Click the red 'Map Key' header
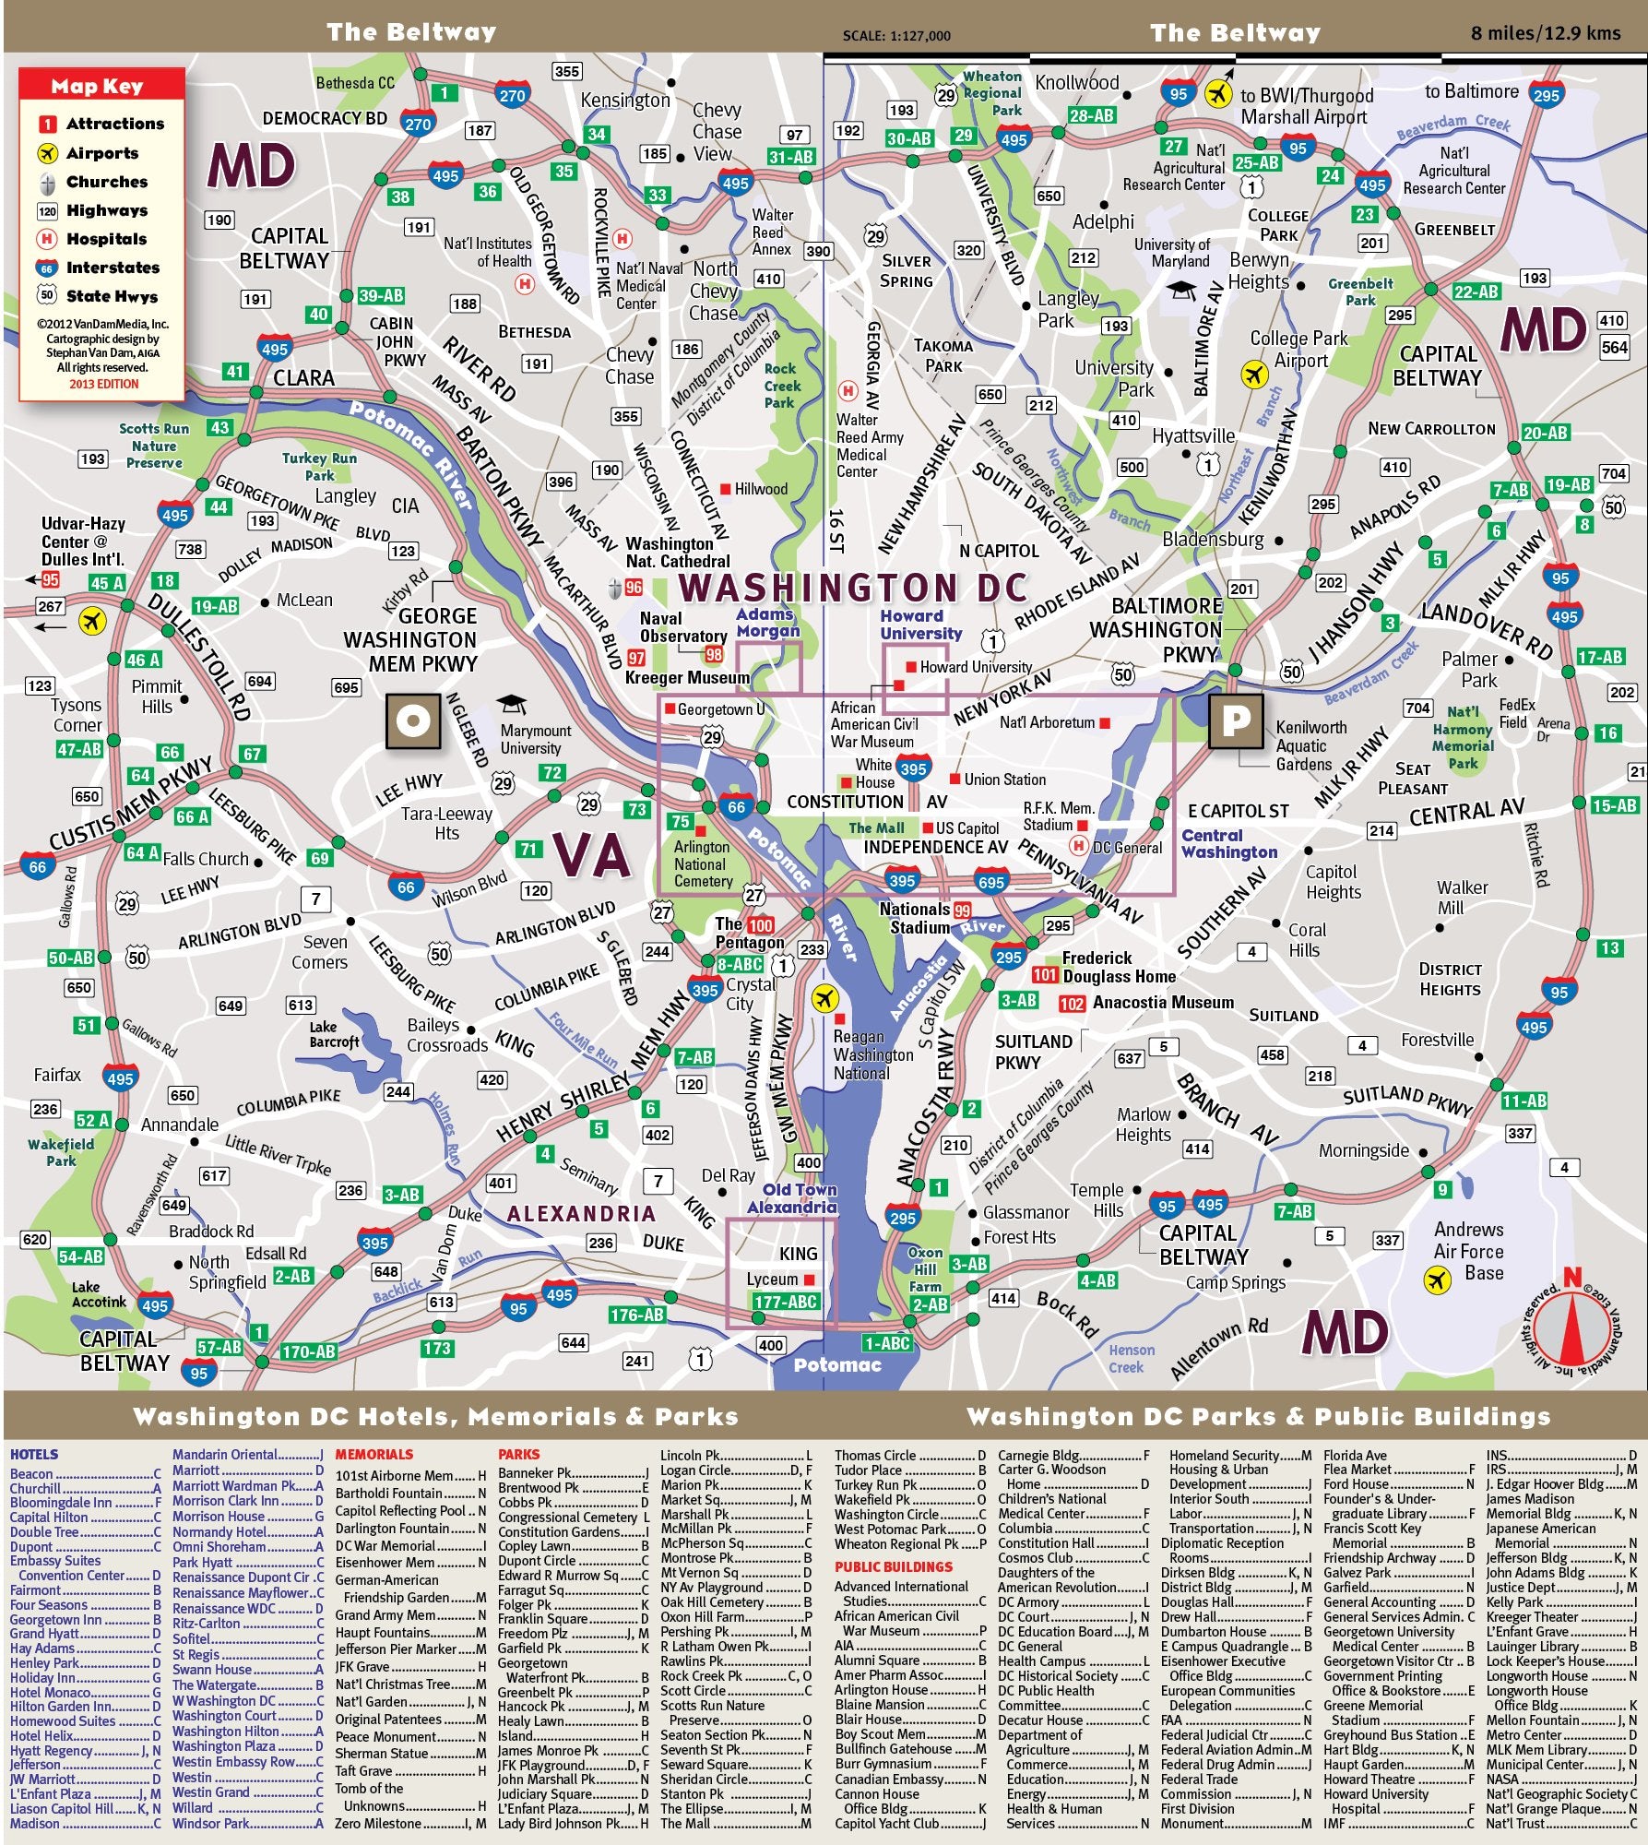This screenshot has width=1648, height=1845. point(97,87)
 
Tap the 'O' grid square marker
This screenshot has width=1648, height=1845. point(412,720)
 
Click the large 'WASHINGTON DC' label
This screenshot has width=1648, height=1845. point(853,588)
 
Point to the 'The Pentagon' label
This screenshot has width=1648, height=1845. point(749,933)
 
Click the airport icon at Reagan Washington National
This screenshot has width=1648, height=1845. point(824,998)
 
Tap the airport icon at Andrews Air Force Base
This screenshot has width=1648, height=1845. point(1437,1280)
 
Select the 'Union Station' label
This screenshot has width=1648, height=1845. point(1004,780)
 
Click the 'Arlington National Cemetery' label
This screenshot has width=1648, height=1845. point(703,863)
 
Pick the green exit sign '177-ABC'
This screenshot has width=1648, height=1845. point(785,1302)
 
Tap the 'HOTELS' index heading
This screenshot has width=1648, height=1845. point(34,1455)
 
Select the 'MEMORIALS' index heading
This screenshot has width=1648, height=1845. point(373,1455)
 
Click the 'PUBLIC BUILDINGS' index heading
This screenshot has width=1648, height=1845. point(893,1566)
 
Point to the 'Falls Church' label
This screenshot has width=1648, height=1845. point(206,859)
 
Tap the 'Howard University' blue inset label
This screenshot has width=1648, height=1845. point(919,625)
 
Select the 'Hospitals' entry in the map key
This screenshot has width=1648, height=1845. point(106,239)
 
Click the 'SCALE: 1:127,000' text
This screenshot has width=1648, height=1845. point(895,36)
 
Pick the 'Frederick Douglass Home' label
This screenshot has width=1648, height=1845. point(1119,968)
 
